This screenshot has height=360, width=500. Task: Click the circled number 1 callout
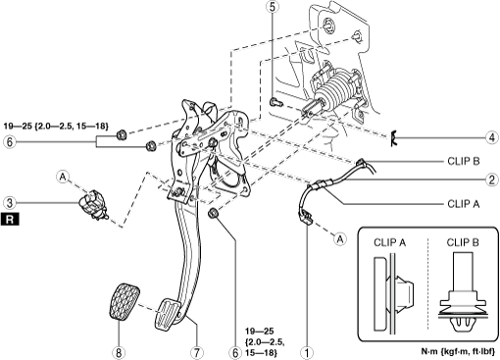click(307, 352)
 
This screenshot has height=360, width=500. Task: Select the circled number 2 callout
click(492, 180)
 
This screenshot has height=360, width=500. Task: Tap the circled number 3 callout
click(10, 203)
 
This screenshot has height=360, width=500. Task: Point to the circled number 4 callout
click(492, 137)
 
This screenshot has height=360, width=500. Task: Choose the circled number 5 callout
click(273, 7)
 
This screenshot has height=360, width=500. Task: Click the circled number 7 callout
click(197, 352)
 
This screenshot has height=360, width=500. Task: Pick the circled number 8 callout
click(119, 352)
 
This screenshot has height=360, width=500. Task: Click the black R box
click(10, 219)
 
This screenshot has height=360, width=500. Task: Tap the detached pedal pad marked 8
click(125, 301)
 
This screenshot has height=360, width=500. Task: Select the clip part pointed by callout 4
click(394, 137)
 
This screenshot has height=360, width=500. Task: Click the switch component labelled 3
click(92, 205)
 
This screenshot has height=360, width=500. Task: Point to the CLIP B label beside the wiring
click(463, 161)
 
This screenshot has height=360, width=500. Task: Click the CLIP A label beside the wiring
click(463, 204)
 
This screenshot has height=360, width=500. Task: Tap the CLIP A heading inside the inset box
click(389, 242)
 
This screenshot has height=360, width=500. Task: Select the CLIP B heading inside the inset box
click(463, 242)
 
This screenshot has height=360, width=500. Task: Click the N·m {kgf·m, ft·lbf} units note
click(458, 351)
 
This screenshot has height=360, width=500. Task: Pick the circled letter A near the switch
click(63, 177)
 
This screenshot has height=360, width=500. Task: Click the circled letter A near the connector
click(340, 239)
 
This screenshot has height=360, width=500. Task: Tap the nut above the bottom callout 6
click(213, 213)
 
